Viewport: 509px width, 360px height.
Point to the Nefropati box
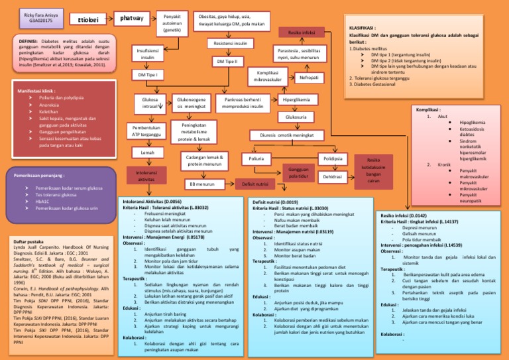click(308, 78)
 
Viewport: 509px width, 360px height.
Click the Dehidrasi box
click(333, 178)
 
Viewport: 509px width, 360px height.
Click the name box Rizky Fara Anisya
click(30, 17)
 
